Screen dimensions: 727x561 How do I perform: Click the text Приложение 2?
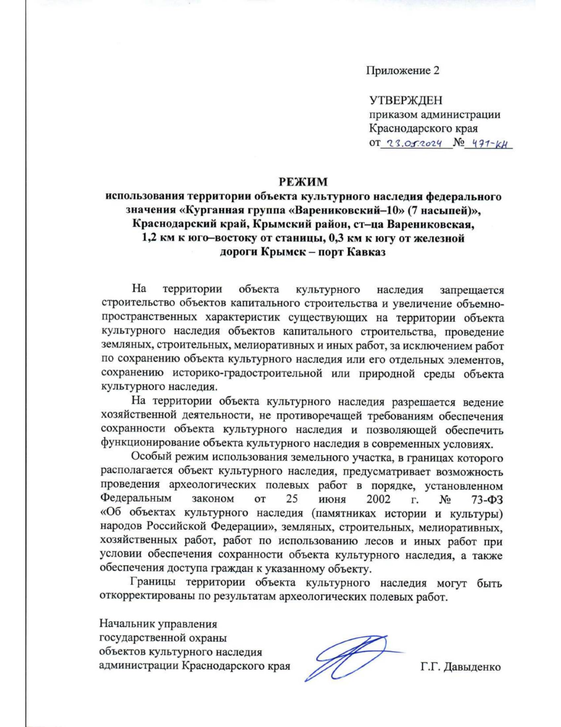[402, 71]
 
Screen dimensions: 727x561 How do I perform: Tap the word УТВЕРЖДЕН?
[405, 100]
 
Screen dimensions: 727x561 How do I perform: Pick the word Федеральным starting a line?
[136, 499]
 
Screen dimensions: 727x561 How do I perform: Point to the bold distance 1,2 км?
[158, 238]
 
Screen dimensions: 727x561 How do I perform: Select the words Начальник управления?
[158, 624]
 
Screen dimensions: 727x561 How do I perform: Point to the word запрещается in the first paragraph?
[471, 290]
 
